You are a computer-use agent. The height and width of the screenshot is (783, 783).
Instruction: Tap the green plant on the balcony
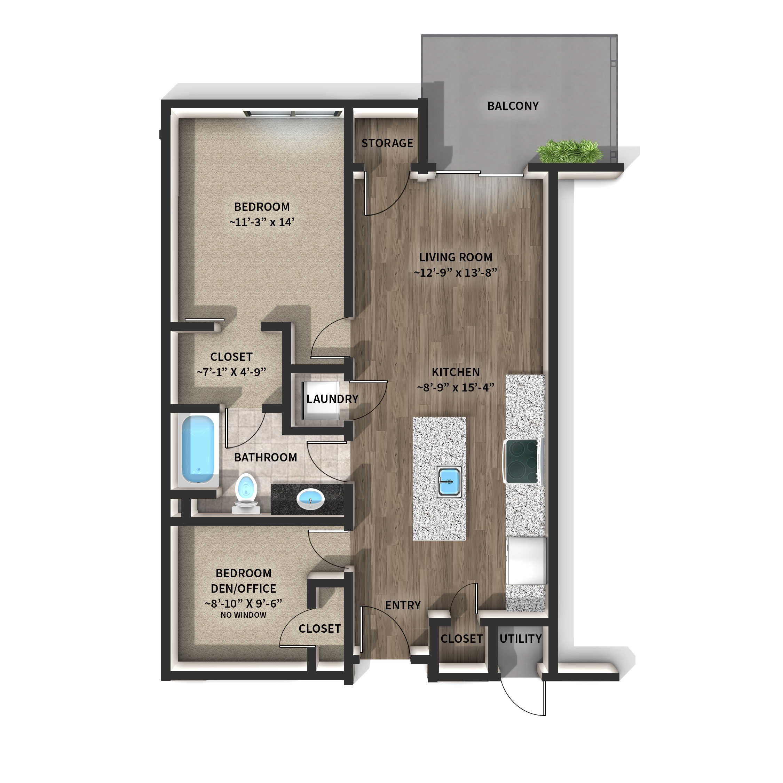(569, 152)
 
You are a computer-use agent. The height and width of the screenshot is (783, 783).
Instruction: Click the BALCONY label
(513, 106)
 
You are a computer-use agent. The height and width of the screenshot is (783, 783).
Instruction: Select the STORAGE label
(387, 143)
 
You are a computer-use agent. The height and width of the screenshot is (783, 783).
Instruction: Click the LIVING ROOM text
(456, 258)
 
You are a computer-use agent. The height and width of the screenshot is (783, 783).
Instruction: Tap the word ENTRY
(403, 606)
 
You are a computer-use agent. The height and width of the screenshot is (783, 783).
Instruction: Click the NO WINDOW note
(244, 615)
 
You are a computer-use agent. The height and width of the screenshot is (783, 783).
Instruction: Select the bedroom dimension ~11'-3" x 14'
(262, 222)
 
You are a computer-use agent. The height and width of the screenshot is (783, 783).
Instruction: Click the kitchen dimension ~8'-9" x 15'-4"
(456, 387)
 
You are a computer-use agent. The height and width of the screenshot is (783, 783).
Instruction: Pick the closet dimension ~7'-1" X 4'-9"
(231, 372)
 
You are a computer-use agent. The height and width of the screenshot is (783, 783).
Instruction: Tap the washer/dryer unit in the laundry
(321, 401)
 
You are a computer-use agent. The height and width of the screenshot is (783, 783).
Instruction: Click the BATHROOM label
(266, 458)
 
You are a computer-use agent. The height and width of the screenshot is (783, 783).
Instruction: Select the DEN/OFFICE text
(244, 588)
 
